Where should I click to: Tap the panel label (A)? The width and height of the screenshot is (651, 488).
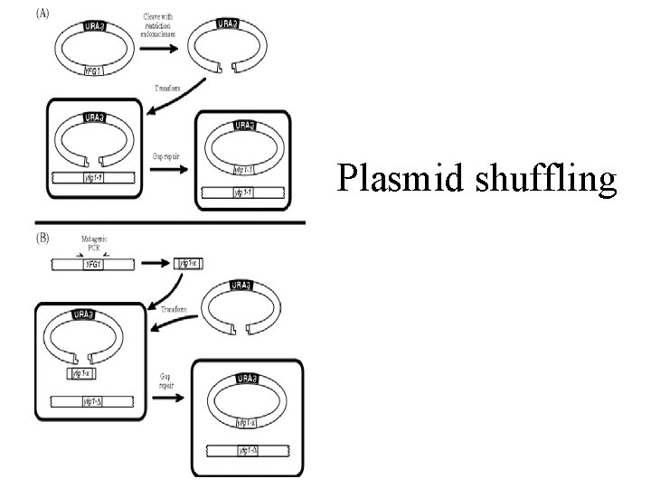(x=42, y=14)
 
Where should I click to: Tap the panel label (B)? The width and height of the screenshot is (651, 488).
(x=42, y=239)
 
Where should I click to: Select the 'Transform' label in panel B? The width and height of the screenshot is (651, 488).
(x=174, y=308)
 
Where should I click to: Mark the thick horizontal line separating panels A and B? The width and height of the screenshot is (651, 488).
(x=170, y=222)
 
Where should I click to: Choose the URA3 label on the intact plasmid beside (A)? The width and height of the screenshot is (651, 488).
(x=93, y=28)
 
